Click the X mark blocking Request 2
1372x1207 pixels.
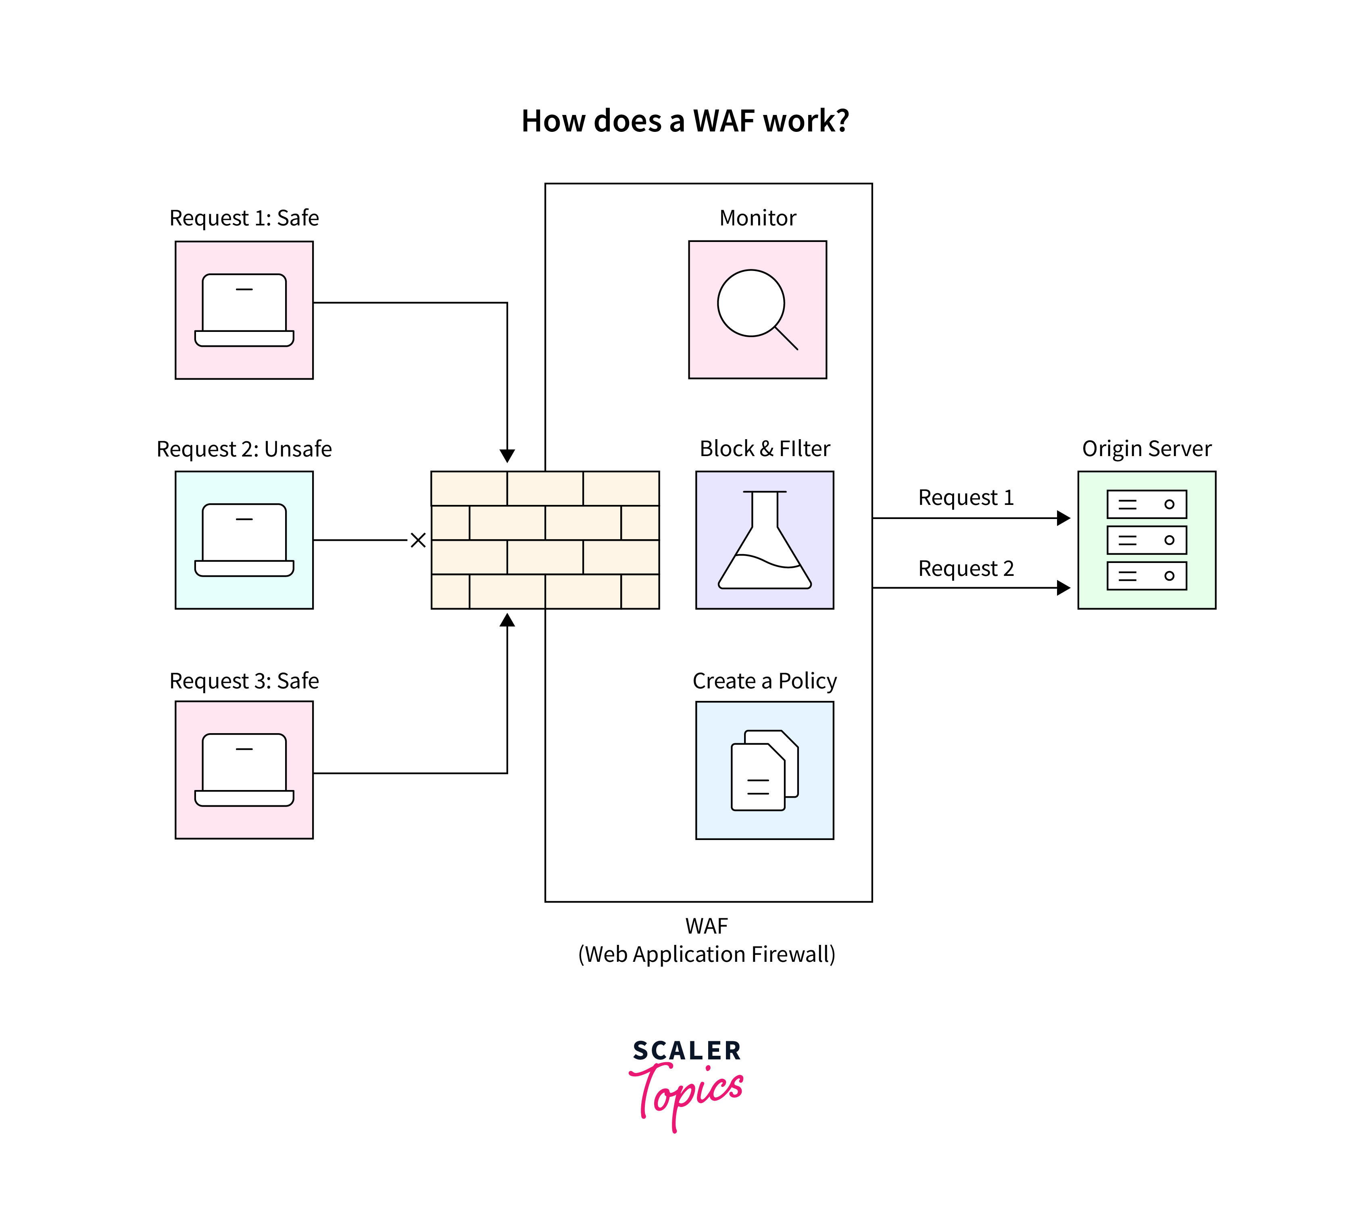click(x=418, y=540)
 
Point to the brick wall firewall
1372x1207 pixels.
click(x=545, y=540)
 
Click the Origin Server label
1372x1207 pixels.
click(x=1147, y=448)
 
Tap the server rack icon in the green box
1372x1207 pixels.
click(x=1147, y=540)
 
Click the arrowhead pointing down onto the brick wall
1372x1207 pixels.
click(x=507, y=456)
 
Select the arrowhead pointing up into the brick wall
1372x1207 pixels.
click(x=507, y=620)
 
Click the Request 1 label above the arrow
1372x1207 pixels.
click(x=966, y=497)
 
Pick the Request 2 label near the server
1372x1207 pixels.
click(x=966, y=569)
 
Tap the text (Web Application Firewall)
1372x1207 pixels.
click(x=707, y=954)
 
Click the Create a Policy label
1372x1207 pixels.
click(x=765, y=681)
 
